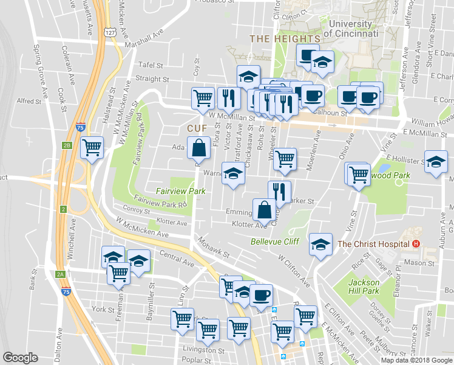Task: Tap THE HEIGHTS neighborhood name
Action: pyautogui.click(x=276, y=39)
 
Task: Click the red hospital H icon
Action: pyautogui.click(x=416, y=244)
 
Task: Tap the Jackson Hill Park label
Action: pyautogui.click(x=364, y=287)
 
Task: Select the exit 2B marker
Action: pyautogui.click(x=67, y=145)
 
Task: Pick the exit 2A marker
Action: pyautogui.click(x=60, y=274)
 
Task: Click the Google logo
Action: pyautogui.click(x=20, y=358)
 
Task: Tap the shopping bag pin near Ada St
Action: pyautogui.click(x=200, y=148)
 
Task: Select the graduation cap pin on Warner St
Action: pyautogui.click(x=232, y=173)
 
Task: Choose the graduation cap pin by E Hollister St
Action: pyautogui.click(x=435, y=161)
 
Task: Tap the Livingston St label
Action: pyautogui.click(x=205, y=350)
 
